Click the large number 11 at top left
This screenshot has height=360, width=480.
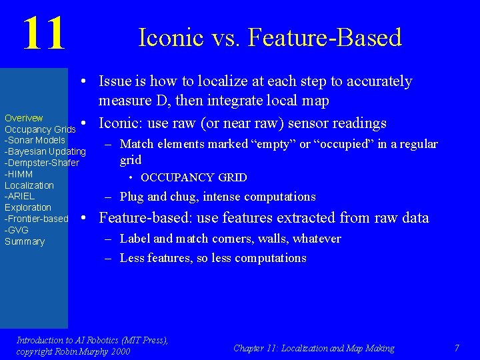click(44, 34)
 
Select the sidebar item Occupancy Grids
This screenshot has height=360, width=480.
click(40, 129)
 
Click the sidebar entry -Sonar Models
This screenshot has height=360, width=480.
click(35, 140)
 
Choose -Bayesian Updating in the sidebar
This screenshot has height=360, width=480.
click(45, 151)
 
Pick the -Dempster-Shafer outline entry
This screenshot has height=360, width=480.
click(42, 163)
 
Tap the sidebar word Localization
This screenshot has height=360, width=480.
click(29, 185)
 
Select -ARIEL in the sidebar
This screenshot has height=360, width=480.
click(19, 196)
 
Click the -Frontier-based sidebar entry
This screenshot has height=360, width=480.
click(37, 219)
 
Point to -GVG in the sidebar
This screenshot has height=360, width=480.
click(17, 230)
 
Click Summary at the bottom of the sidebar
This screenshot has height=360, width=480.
click(25, 241)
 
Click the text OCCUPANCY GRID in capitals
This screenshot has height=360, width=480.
click(194, 178)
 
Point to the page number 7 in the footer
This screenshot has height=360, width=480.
click(457, 348)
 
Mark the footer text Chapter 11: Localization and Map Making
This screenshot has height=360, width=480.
click(314, 348)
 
